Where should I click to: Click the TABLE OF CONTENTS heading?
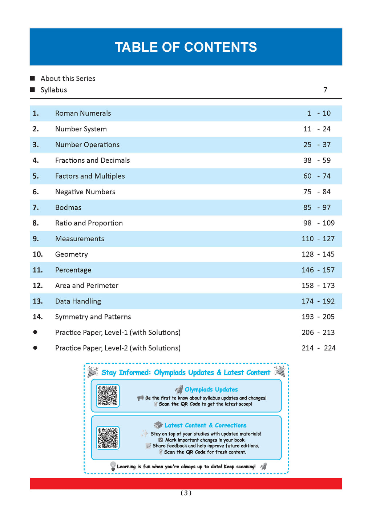[x=186, y=47]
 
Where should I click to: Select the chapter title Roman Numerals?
[x=83, y=113]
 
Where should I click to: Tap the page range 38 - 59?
[x=317, y=160]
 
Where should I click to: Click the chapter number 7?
[x=36, y=207]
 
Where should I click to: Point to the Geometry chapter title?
[x=72, y=254]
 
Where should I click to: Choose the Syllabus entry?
[x=54, y=90]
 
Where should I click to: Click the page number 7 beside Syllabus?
[x=325, y=90]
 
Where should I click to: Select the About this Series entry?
[x=68, y=79]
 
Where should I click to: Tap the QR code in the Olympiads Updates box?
[x=108, y=396]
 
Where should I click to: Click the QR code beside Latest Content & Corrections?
[x=108, y=438]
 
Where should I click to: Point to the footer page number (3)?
[x=186, y=493]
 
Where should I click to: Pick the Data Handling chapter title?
[x=78, y=301]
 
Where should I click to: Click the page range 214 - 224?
[x=318, y=348]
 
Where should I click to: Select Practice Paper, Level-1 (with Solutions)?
[x=118, y=333]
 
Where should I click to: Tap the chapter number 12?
[x=38, y=286]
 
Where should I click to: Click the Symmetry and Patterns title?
[x=93, y=317]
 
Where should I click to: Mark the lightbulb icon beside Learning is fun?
[x=113, y=466]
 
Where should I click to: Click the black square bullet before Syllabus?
[x=33, y=90]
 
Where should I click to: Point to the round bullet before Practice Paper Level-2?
[x=35, y=348]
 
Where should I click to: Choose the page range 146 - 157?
[x=318, y=270]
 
